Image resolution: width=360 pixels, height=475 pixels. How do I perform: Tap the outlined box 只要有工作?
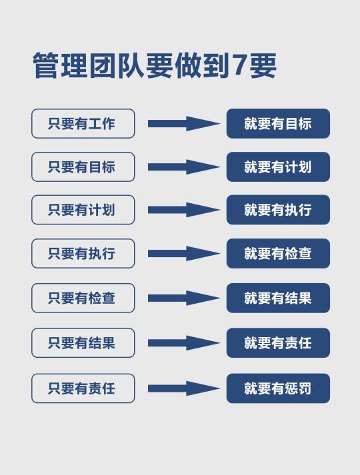point(83,124)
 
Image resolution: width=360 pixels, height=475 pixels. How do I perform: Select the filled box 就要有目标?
point(278,124)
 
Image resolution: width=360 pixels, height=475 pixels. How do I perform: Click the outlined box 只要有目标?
point(83,167)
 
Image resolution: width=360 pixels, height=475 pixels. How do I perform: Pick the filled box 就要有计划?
point(278,167)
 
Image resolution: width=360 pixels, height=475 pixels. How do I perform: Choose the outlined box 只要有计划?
point(83,210)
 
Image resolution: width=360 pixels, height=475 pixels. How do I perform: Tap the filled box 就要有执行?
point(278,210)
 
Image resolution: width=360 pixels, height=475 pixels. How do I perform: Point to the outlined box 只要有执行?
point(83,254)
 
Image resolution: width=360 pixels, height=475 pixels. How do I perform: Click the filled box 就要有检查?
point(278,254)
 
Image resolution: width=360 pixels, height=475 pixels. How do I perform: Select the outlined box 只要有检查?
point(83,298)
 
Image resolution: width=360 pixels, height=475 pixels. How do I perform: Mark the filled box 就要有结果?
point(278,298)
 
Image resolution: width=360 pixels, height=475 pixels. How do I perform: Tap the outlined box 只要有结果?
point(83,343)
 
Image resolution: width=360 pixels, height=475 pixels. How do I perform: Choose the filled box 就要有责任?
point(278,343)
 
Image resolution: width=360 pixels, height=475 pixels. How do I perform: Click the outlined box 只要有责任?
point(83,388)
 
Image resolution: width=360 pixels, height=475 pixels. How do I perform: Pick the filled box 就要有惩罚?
point(278,388)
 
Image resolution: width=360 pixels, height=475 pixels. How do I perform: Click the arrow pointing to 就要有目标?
point(184,124)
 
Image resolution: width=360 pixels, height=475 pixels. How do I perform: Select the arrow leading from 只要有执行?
point(184,254)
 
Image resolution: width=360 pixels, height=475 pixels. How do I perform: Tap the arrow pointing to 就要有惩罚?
point(184,388)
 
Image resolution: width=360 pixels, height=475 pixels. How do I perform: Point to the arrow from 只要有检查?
point(184,298)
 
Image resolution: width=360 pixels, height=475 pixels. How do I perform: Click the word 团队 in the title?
point(117,65)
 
